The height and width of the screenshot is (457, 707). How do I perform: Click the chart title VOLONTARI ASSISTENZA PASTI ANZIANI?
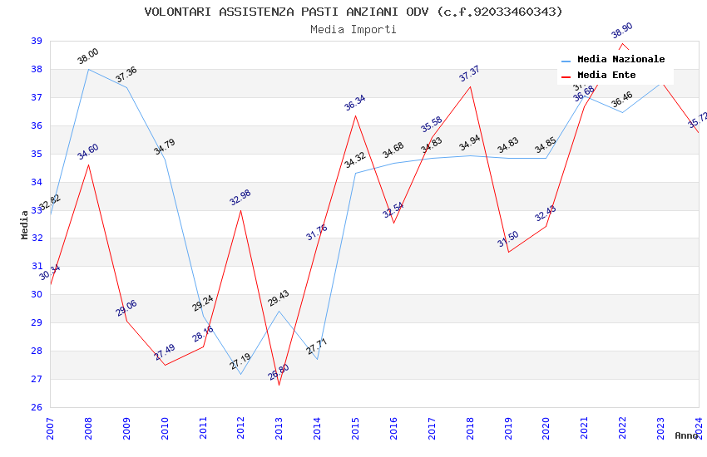[x=353, y=12]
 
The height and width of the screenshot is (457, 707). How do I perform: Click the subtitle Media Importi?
[x=353, y=29]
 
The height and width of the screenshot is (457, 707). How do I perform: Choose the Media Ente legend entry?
[x=606, y=75]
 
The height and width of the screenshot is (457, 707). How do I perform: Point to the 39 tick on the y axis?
[x=37, y=41]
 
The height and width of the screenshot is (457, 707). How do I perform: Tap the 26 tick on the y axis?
[x=37, y=407]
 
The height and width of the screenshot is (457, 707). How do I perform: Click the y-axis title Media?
[x=25, y=224]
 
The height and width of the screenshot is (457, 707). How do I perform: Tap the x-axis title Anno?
[x=686, y=435]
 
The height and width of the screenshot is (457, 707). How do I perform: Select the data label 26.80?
[x=279, y=372]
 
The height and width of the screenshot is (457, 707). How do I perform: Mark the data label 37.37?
[x=470, y=74]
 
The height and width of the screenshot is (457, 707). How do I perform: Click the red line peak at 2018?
[x=470, y=86]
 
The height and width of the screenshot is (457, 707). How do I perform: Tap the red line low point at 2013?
[x=279, y=385]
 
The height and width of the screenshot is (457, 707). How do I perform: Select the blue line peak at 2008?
[x=88, y=69]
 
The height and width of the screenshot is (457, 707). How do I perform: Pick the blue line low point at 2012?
[x=240, y=374]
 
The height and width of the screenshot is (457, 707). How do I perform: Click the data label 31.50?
[x=508, y=239]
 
